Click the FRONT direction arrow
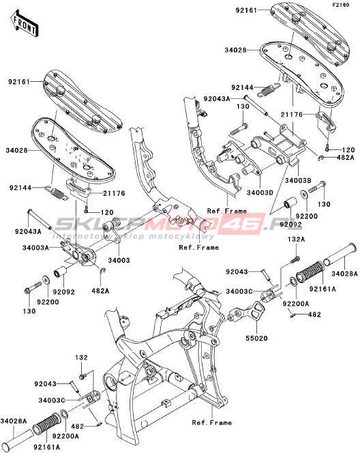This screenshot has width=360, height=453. click(x=25, y=23)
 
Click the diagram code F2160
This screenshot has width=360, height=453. click(x=341, y=5)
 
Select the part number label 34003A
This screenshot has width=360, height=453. click(x=36, y=248)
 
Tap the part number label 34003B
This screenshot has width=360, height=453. click(x=298, y=181)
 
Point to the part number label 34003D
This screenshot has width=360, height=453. click(x=260, y=192)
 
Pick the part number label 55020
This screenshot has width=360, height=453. click(x=256, y=338)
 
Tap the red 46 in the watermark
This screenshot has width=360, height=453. click(x=245, y=223)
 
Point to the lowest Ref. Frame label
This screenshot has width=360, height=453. click(x=212, y=423)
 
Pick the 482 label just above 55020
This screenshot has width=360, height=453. click(x=314, y=315)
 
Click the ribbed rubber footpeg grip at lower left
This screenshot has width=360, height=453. click(x=48, y=424)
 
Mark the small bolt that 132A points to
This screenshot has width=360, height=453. click(x=295, y=260)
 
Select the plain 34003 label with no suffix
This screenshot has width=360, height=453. click(x=119, y=261)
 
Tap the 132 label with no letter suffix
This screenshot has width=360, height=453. click(x=81, y=357)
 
